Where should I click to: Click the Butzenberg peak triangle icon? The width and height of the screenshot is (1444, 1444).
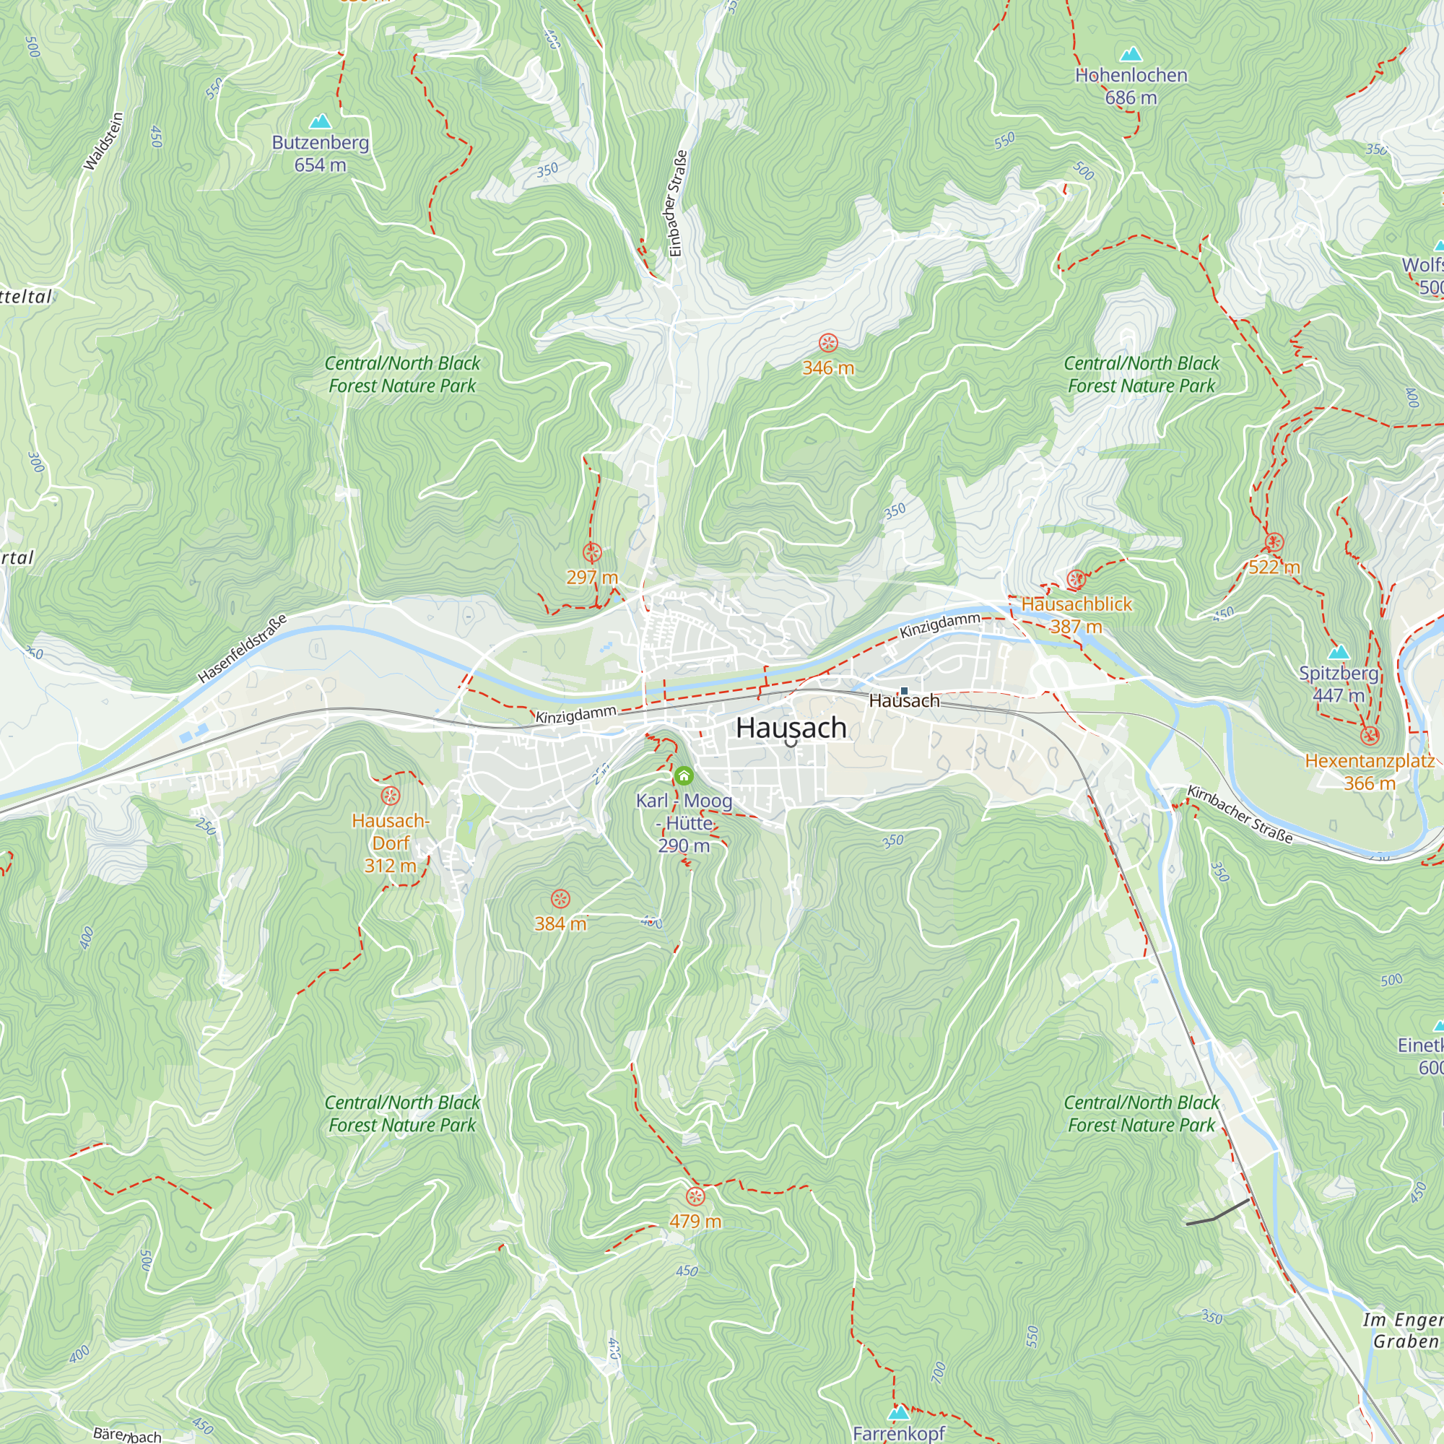coord(321,121)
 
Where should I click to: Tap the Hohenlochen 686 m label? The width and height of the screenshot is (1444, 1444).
coord(1131,86)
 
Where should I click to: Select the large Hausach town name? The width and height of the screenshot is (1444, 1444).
coord(791,728)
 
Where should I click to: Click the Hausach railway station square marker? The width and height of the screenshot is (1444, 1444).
coord(904,691)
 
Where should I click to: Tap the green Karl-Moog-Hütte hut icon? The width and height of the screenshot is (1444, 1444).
coord(683,776)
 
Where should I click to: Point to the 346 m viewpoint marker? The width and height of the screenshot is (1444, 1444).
coord(828,343)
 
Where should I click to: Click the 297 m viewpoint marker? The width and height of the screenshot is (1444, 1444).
coord(592,553)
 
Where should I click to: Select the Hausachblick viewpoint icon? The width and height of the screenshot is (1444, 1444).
coord(1077,579)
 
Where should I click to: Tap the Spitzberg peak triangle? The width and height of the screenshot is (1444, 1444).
coord(1339,652)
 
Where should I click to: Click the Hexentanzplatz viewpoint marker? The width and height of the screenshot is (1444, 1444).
coord(1369,736)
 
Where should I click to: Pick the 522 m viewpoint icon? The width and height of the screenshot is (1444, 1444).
coord(1274,543)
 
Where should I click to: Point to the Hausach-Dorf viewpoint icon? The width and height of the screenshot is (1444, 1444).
coord(391,796)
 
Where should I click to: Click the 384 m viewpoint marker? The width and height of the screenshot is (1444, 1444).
coord(560,899)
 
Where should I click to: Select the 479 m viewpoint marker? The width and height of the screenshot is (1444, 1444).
coord(695,1196)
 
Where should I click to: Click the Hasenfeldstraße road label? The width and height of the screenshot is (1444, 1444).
coord(242,649)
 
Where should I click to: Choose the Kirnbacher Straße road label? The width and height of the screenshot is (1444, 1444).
coord(1240,814)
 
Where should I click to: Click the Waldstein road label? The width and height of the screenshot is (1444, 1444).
coord(103,142)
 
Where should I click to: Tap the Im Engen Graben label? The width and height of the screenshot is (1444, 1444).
coord(1404,1331)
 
